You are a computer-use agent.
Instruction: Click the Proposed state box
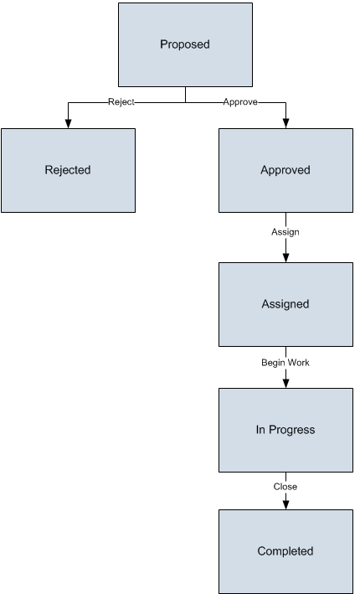click(186, 44)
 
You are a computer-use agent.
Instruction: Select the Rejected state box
click(68, 170)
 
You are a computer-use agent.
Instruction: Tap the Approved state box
click(285, 170)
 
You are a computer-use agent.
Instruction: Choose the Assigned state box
click(285, 305)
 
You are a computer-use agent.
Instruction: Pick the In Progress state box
click(285, 430)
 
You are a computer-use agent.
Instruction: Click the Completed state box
click(285, 551)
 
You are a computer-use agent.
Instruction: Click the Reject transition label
click(121, 102)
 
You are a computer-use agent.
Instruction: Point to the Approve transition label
click(240, 102)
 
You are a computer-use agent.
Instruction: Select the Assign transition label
click(285, 232)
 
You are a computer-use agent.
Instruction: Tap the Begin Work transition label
click(285, 363)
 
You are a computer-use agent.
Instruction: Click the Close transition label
click(285, 487)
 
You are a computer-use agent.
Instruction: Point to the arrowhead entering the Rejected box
click(68, 123)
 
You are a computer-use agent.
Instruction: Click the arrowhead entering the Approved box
click(285, 123)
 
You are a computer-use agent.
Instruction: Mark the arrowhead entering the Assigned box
click(285, 257)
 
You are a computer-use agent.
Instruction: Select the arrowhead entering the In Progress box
click(285, 383)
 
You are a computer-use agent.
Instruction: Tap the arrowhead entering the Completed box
click(285, 504)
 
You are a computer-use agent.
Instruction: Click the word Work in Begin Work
click(300, 363)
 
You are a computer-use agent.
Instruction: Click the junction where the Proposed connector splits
click(186, 102)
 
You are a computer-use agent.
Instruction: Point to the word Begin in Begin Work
click(273, 363)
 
